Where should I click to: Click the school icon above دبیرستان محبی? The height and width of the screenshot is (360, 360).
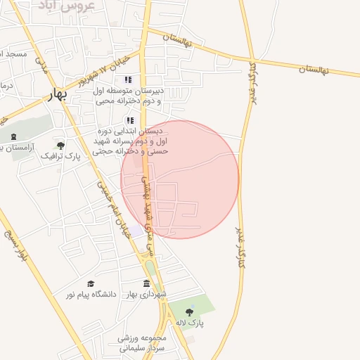tap(128, 79)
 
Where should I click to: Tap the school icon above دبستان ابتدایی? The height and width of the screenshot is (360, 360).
tap(130, 120)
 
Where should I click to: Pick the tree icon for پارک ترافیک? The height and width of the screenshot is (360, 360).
tap(61, 146)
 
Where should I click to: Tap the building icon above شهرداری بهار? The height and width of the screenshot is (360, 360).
tap(146, 283)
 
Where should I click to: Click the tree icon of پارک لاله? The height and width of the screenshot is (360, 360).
tap(189, 311)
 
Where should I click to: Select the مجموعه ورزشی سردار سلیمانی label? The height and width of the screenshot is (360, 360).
tap(141, 343)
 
